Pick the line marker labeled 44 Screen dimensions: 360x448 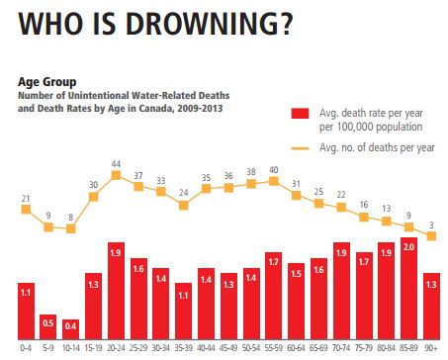pos(116,175)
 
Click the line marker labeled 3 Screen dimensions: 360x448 pos(431,235)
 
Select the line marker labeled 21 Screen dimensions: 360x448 pos(26,209)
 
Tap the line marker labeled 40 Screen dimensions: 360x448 pos(273,181)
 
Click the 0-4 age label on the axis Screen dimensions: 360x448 pos(26,349)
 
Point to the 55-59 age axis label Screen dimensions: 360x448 pos(273,349)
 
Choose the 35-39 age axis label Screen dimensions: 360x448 pos(183,349)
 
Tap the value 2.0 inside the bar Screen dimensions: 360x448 pos(407,273)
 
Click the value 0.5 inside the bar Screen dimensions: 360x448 pos(47,322)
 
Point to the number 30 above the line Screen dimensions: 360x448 pos(94,184)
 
